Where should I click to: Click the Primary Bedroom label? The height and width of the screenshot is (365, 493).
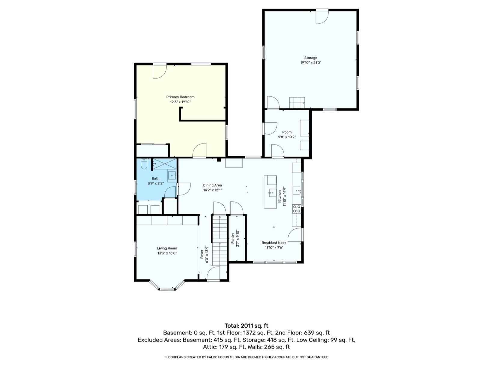[x=180, y=97]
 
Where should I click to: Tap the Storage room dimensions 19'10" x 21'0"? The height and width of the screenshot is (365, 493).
[x=311, y=63]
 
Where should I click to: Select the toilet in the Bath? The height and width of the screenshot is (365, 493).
[x=144, y=164]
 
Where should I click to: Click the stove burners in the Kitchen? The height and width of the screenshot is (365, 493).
[x=296, y=209]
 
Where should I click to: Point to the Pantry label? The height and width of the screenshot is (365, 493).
[x=233, y=238]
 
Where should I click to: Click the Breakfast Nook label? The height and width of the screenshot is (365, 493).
[x=274, y=243]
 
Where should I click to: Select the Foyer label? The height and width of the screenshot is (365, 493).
[x=202, y=254]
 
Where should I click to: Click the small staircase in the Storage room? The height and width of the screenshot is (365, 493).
[x=297, y=103]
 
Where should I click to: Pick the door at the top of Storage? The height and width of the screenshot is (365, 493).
[x=322, y=17]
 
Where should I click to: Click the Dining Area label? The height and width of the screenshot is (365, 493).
[x=212, y=186]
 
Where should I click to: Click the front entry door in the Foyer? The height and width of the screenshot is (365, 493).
[x=213, y=273]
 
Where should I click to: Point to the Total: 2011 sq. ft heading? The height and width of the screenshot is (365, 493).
[x=246, y=326]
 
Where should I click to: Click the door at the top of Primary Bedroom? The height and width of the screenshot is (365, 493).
[x=160, y=71]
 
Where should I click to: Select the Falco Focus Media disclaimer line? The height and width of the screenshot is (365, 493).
[x=246, y=357]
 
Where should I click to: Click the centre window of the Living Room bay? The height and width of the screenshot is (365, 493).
[x=167, y=289]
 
